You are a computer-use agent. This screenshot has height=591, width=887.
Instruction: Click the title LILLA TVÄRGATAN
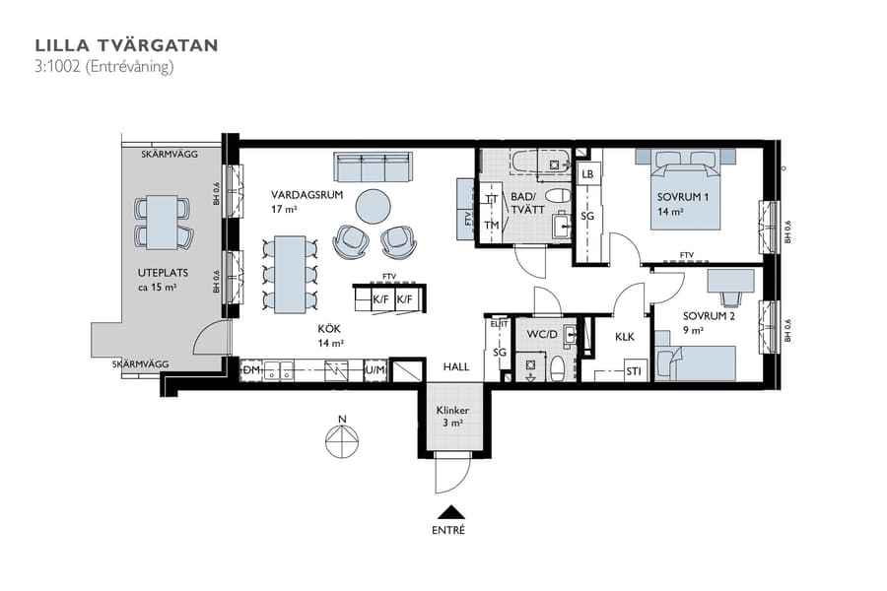coord(126,45)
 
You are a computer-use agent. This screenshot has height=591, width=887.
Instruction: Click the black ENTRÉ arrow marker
coord(450,510)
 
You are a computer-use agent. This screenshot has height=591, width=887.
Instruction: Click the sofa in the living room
coord(372,167)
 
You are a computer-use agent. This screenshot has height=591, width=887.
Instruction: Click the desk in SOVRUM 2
coord(730,282)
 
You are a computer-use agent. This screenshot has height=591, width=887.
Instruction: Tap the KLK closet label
coord(625,337)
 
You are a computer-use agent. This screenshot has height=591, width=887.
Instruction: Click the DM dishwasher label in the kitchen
coord(251,369)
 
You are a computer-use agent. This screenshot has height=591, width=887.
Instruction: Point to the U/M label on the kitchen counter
coord(375,370)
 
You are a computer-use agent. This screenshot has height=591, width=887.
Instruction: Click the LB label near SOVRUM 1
coord(587,174)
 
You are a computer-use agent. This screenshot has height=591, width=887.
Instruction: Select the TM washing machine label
coord(491,226)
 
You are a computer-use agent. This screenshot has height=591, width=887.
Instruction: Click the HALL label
coord(455,365)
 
